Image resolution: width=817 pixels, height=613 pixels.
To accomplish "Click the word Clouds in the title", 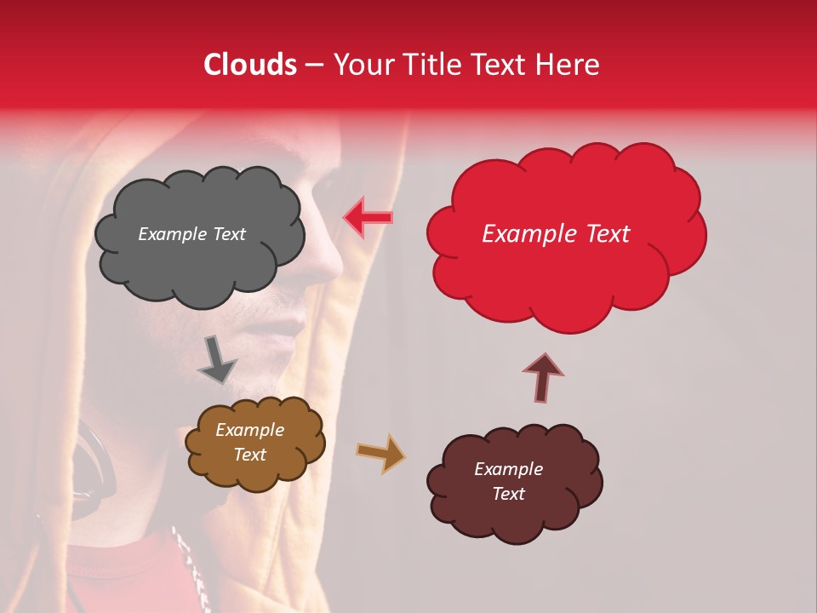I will coord(250,65).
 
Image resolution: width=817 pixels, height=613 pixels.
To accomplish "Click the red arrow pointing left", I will coord(369,218).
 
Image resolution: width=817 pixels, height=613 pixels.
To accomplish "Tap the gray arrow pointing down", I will coord(217,359).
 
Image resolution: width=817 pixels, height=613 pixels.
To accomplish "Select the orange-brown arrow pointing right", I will coord(380,453).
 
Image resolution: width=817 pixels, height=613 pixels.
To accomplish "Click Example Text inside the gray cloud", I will coord(191,234).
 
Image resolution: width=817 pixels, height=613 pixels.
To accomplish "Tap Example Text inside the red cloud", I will coord(556,234).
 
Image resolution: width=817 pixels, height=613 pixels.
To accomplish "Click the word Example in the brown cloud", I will coord(249,430).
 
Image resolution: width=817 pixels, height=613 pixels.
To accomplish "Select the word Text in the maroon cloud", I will coord(508,494).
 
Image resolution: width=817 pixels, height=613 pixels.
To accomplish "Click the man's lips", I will coord(294,328).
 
